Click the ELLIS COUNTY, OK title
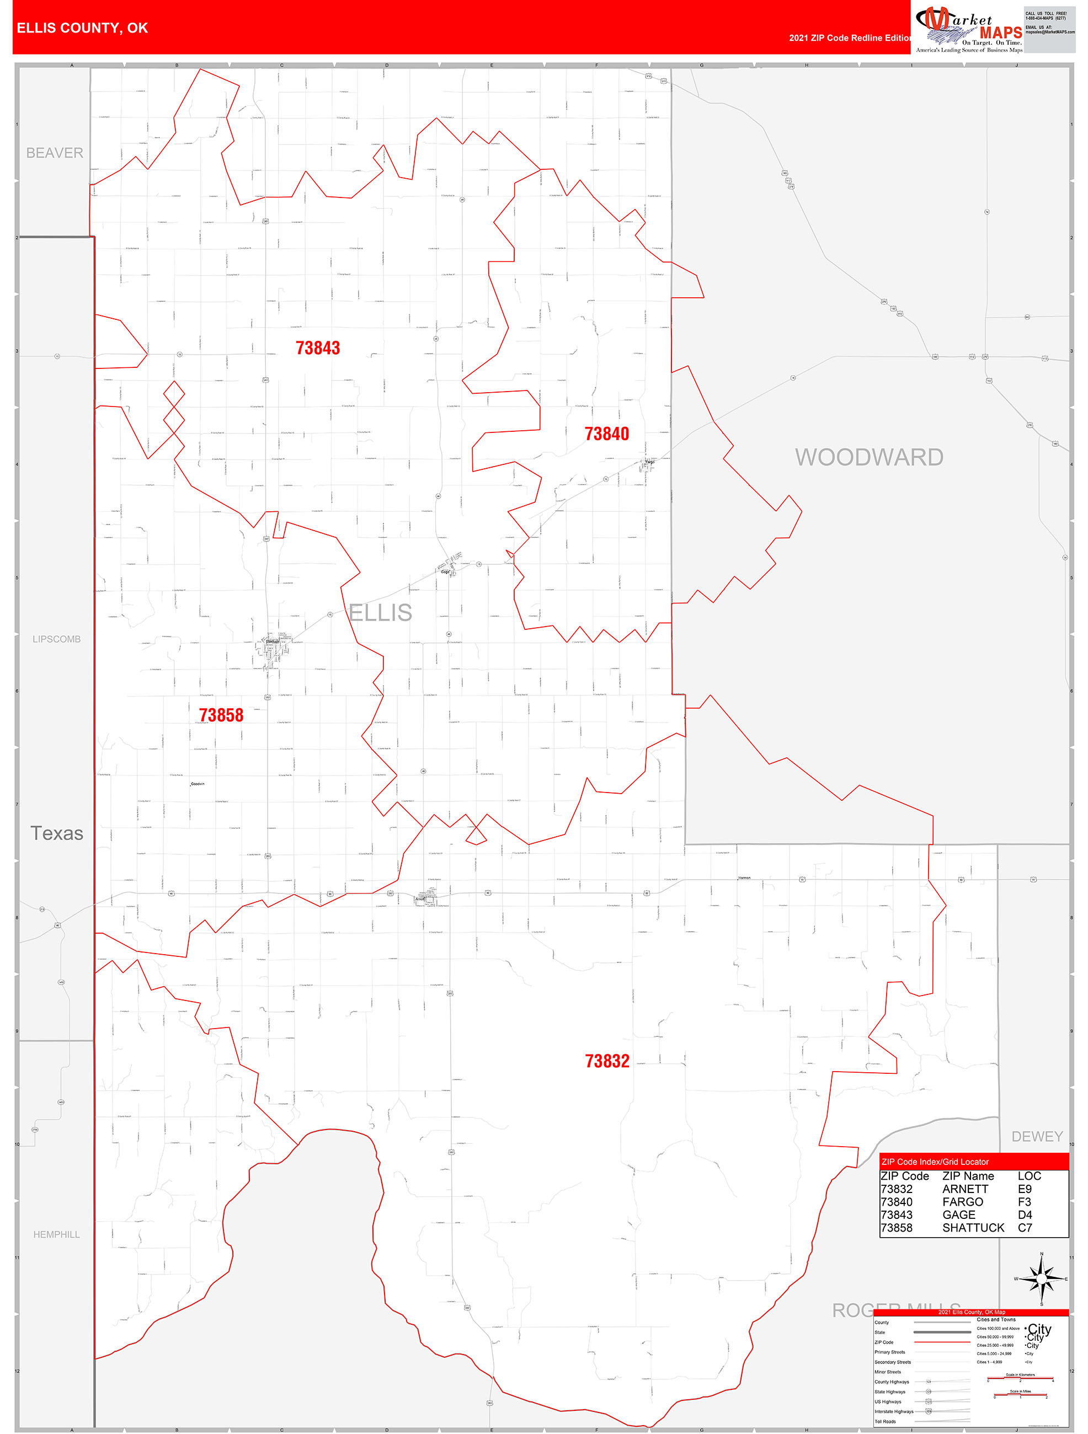pos(82,28)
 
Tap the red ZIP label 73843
pos(318,348)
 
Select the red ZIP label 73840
pos(606,434)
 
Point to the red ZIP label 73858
pos(221,715)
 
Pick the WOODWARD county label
pos(869,457)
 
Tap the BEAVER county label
pos(55,153)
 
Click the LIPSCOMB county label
pos(56,639)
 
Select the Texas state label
pos(57,834)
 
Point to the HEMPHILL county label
pos(56,1234)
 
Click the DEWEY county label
pos(1037,1136)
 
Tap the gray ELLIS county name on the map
pos(381,613)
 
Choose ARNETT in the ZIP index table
pos(965,1189)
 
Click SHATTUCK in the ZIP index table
pos(973,1228)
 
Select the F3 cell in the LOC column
pos(1025,1202)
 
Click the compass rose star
pos(1041,1279)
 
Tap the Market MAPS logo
pos(969,29)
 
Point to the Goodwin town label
pos(198,784)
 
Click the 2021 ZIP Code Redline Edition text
pos(850,38)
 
